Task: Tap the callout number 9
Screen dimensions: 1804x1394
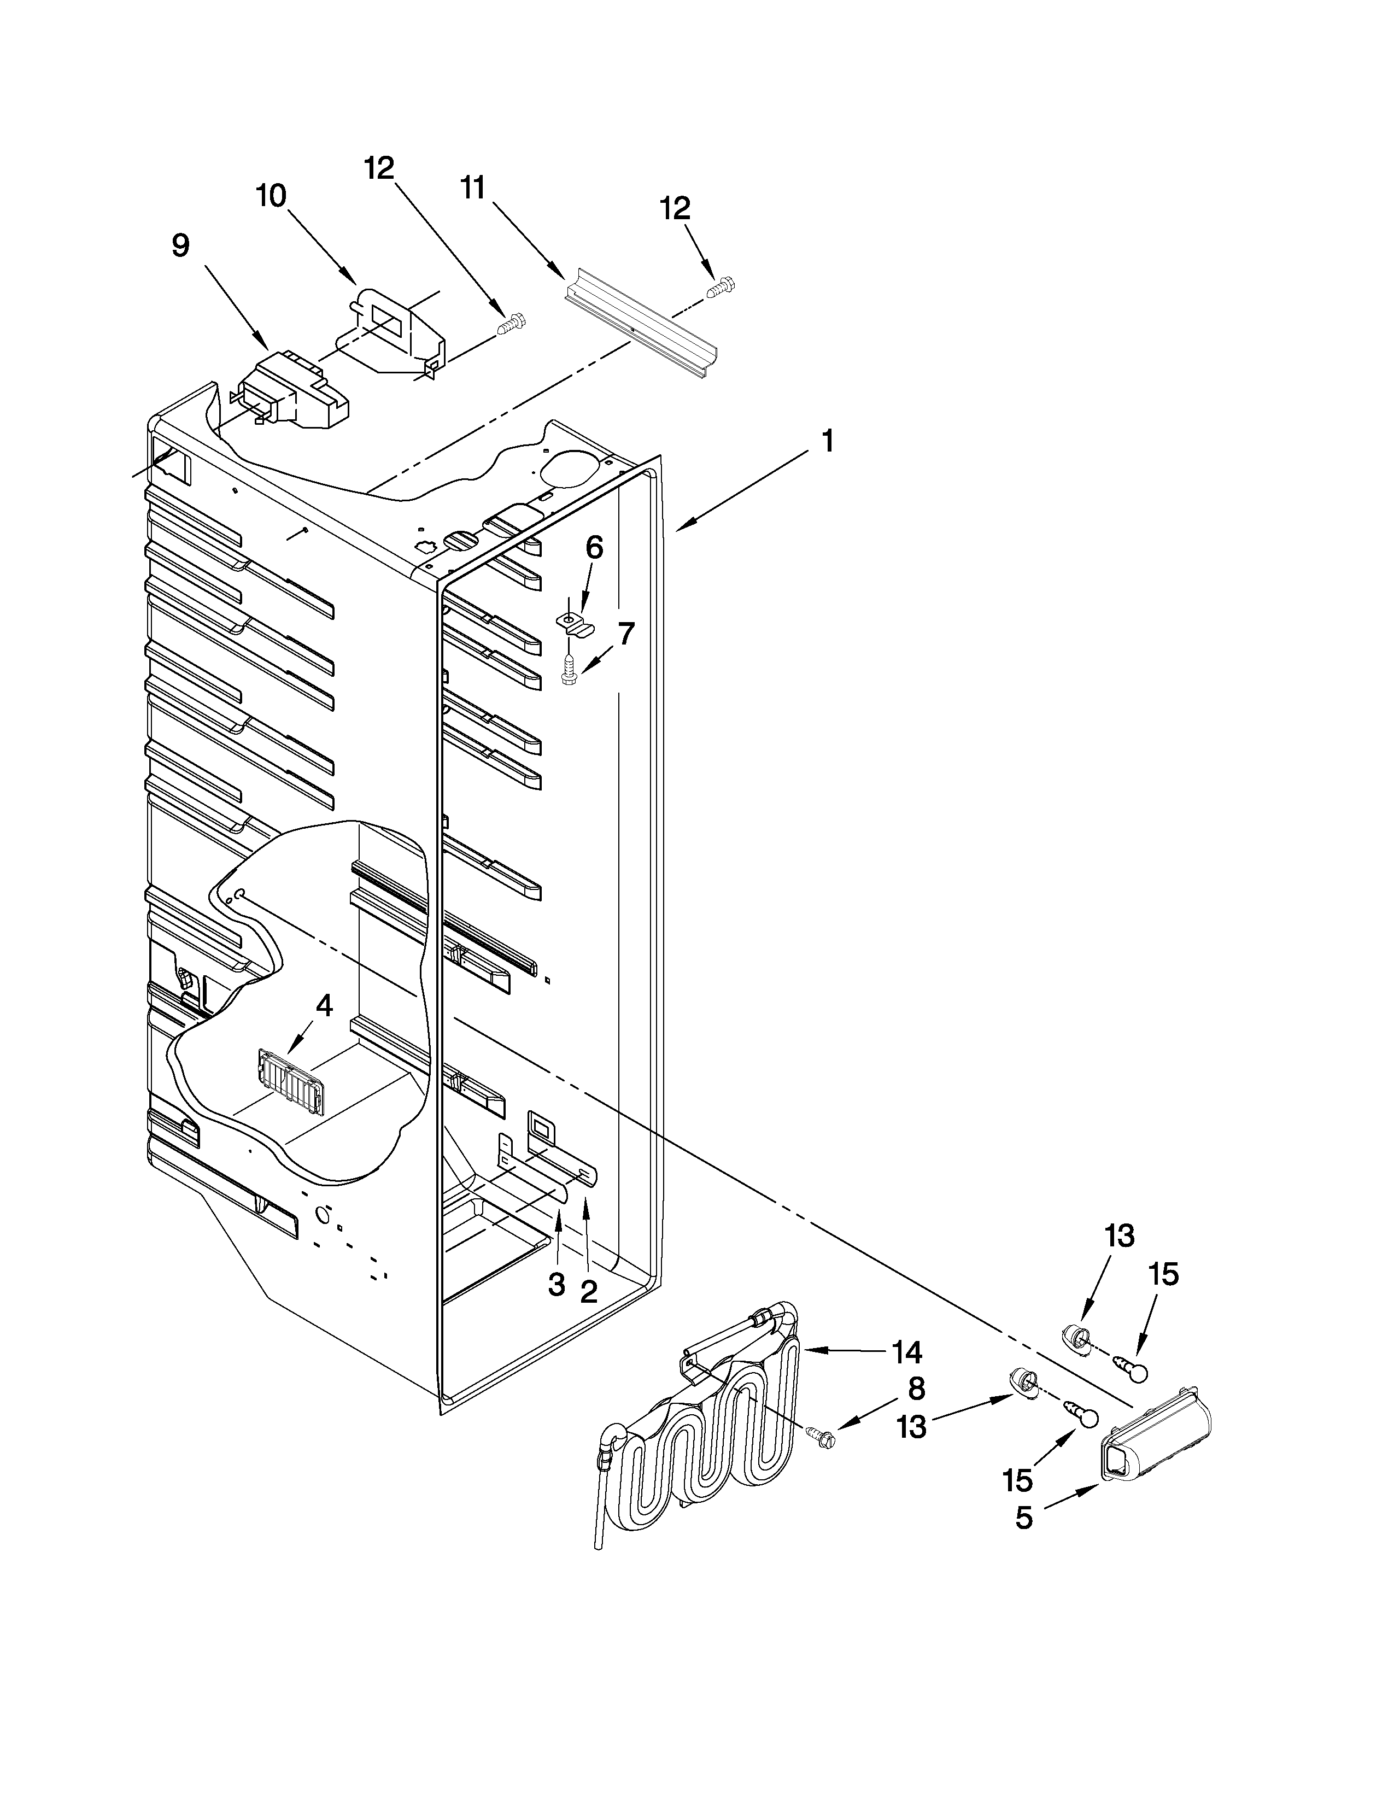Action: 180,245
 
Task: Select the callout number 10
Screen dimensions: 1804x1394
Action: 271,196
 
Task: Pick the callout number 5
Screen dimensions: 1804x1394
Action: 1024,1518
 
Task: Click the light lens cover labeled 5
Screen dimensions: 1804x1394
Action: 1156,1437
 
